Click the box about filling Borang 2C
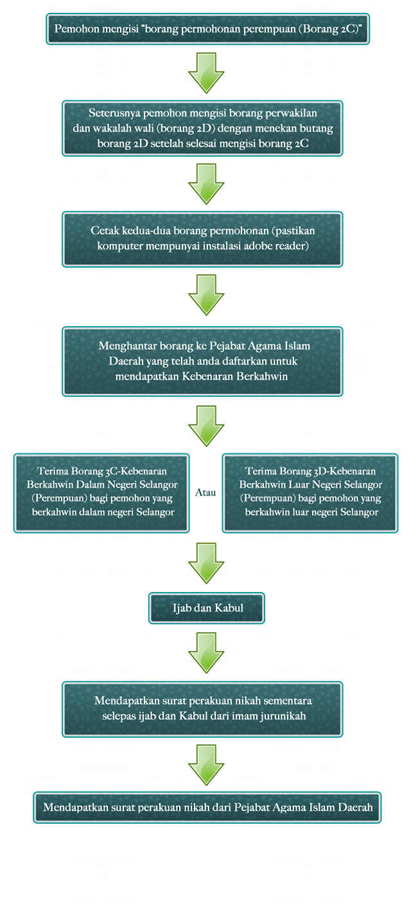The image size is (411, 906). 207,29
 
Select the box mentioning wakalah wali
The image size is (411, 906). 202,128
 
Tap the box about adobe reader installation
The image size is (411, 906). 202,239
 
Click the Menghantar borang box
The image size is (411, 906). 202,362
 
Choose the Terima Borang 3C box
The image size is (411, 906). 101,492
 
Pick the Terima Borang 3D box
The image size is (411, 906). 310,492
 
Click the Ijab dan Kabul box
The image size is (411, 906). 207,608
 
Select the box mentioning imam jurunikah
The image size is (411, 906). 202,709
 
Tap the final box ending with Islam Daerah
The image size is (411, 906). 207,807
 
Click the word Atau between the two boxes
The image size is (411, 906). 205,492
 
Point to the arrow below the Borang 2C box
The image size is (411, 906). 206,73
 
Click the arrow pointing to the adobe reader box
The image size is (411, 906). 206,184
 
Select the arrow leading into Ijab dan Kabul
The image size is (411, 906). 206,563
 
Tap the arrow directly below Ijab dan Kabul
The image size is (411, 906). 206,653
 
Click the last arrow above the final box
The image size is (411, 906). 206,765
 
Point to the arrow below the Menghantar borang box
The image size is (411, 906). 206,426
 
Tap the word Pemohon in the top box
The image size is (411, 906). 76,29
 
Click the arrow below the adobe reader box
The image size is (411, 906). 206,295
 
